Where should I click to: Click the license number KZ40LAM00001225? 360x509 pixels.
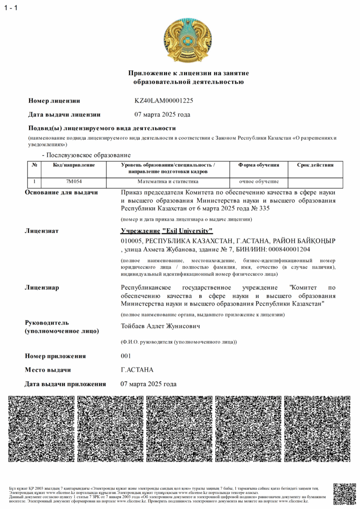coord(164,101)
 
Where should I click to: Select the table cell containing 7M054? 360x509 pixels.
coord(74,181)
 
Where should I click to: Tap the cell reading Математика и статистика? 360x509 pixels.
coord(167,181)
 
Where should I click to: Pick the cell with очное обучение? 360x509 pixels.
coord(259,181)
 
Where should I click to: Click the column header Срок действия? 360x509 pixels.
coord(315,165)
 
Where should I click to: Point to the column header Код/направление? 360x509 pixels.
coord(74,165)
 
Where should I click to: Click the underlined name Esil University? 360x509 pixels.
coord(187,231)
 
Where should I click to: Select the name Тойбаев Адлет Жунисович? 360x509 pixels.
coord(160,326)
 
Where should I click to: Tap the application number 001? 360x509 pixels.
coord(126,356)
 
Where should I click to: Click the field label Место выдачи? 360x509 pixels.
coord(48,370)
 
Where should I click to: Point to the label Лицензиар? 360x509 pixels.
coord(42,287)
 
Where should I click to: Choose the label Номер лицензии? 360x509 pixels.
coord(54,101)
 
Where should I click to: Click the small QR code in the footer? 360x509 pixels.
coord(344,494)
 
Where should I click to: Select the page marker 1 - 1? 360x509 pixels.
coord(11,8)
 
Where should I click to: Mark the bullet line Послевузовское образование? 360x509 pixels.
coord(87,155)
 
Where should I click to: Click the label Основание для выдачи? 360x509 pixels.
coord(61,193)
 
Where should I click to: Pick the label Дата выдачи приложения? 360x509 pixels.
coord(65,384)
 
